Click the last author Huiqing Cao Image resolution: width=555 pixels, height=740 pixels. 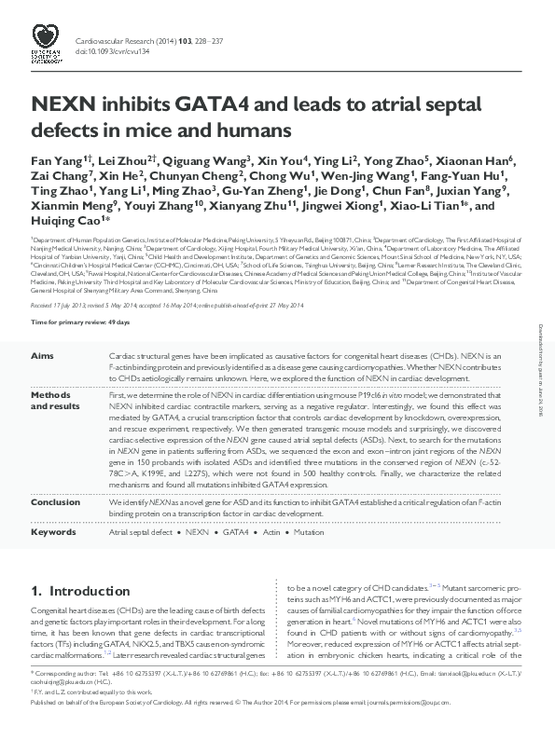pos(68,221)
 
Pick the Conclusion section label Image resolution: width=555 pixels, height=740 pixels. pos(55,500)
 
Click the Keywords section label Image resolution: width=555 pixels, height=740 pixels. pos(53,532)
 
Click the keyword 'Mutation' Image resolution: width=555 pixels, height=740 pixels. pos(312,532)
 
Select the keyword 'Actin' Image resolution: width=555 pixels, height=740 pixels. pos(270,532)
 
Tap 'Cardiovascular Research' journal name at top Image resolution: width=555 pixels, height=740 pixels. pos(113,41)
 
